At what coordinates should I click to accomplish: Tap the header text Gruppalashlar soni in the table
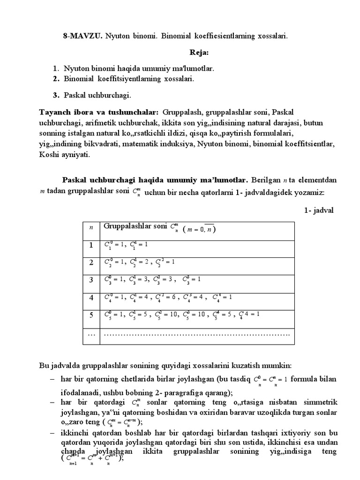(x=135, y=226)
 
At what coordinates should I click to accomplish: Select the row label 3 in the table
(x=91, y=280)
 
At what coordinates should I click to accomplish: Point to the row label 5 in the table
(x=91, y=315)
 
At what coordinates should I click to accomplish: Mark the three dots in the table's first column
(x=91, y=333)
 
